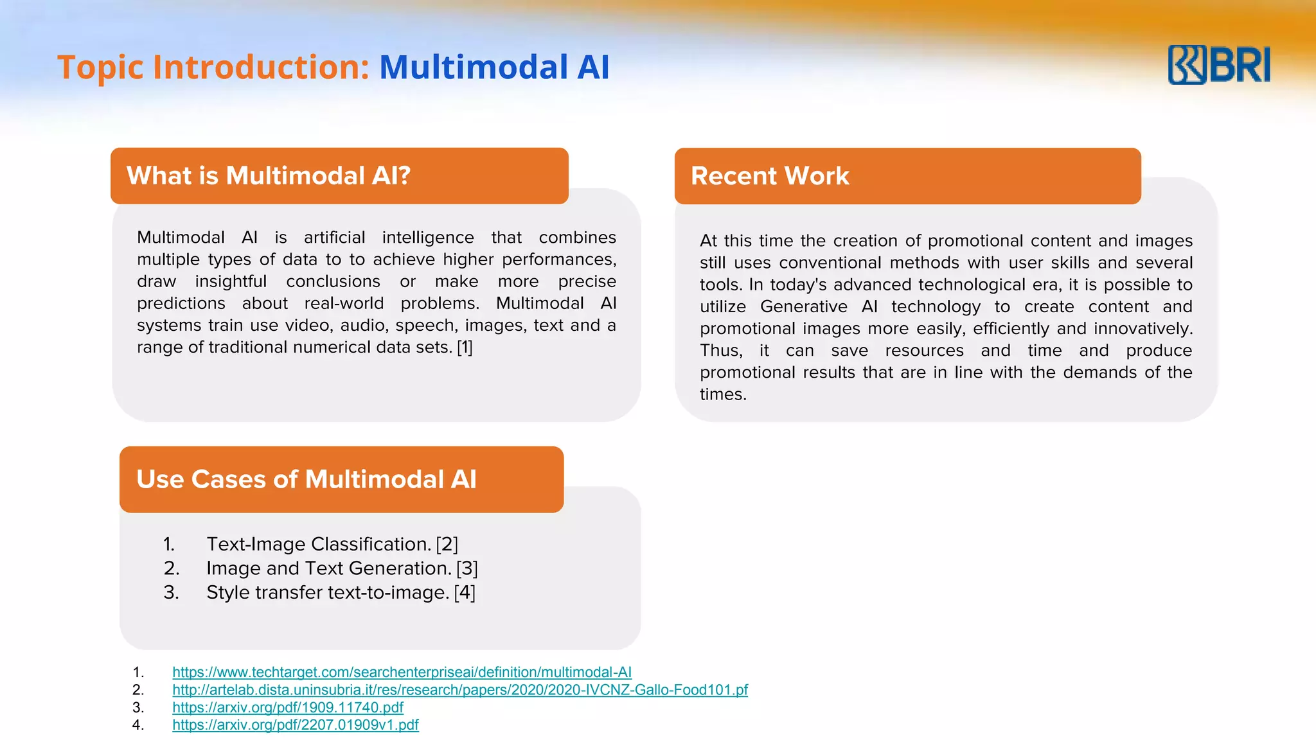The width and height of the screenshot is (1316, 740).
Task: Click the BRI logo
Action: [1218, 65]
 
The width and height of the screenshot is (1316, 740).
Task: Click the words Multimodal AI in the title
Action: [493, 67]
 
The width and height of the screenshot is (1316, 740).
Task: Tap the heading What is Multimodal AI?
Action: [268, 175]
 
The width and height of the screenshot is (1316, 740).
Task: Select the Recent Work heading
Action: [770, 175]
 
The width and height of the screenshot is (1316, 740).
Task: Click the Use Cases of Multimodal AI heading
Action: [307, 479]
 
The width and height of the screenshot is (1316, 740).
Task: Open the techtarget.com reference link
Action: [402, 672]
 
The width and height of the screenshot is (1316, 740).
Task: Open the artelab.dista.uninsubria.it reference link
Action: [459, 690]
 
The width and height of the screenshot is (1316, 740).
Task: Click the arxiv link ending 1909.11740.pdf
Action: [287, 707]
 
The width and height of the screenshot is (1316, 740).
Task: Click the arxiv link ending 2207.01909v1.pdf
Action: [295, 725]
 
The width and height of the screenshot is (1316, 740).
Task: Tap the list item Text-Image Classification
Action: [318, 544]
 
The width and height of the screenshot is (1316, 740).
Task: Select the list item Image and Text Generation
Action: [328, 568]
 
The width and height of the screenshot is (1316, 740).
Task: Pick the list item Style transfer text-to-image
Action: [327, 592]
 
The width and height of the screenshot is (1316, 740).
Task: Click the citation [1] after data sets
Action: [465, 348]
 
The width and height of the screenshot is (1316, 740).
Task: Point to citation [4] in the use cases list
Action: [465, 592]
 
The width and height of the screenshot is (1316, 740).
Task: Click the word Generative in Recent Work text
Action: [803, 307]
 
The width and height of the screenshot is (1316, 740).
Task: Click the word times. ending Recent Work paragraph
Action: [723, 394]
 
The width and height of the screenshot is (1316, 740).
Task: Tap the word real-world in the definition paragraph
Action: [344, 303]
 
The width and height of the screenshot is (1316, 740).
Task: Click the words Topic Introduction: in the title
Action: [213, 67]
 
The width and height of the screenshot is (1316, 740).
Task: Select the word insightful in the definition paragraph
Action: [231, 281]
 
